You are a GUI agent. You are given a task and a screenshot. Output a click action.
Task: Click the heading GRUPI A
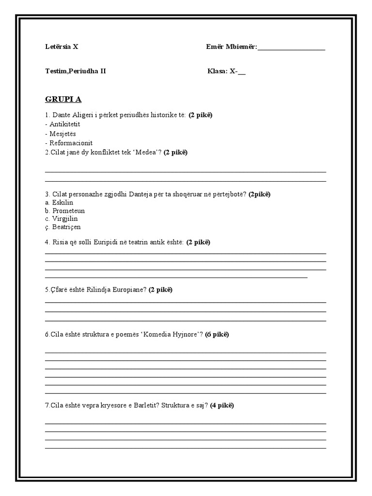click(x=63, y=99)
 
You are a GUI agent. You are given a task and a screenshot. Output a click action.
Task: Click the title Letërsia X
click(x=62, y=47)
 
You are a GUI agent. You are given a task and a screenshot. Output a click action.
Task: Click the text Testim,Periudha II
click(x=75, y=71)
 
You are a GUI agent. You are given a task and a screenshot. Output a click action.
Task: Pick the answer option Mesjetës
click(x=62, y=134)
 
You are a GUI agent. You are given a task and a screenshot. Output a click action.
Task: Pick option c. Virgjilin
click(x=61, y=218)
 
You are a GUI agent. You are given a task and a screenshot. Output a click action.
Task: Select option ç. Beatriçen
click(x=62, y=227)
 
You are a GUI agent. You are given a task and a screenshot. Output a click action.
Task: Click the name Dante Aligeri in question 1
click(x=69, y=115)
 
